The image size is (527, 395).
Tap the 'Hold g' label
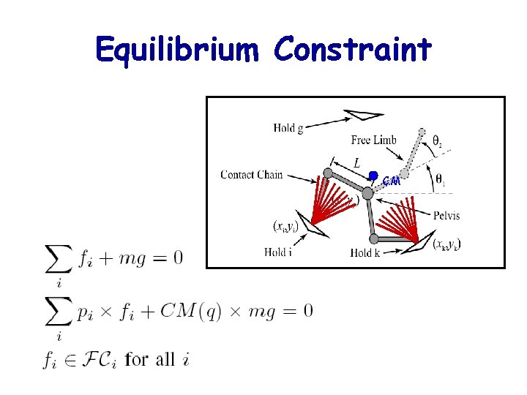click(288, 128)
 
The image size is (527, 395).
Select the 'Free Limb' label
click(373, 140)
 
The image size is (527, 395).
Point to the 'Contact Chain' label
click(251, 174)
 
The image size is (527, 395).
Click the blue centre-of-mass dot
click(373, 176)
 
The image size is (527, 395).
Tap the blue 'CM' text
click(392, 181)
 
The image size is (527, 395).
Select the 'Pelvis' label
click(446, 215)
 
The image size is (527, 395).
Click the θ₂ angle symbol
click(436, 140)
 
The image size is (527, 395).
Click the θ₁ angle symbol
click(439, 178)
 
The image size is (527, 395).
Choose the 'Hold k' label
click(365, 253)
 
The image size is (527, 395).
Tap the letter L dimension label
click(356, 162)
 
